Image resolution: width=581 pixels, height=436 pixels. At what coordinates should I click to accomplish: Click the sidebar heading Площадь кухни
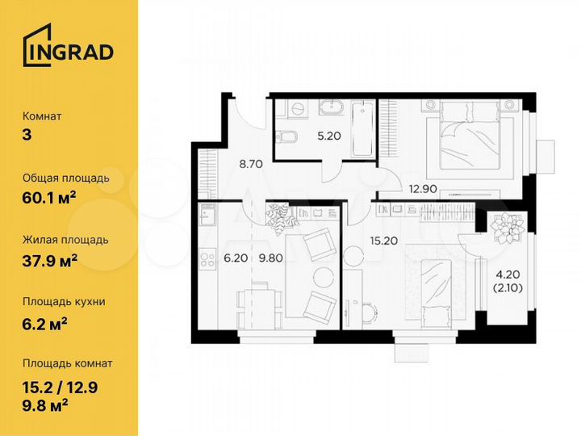pos(64,302)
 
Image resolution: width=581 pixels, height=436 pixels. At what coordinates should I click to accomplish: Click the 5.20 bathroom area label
pos(328,136)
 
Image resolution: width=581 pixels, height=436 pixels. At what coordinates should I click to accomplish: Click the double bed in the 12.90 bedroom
pos(473,137)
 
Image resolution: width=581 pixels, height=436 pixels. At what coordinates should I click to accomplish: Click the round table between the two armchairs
pos(323,275)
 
